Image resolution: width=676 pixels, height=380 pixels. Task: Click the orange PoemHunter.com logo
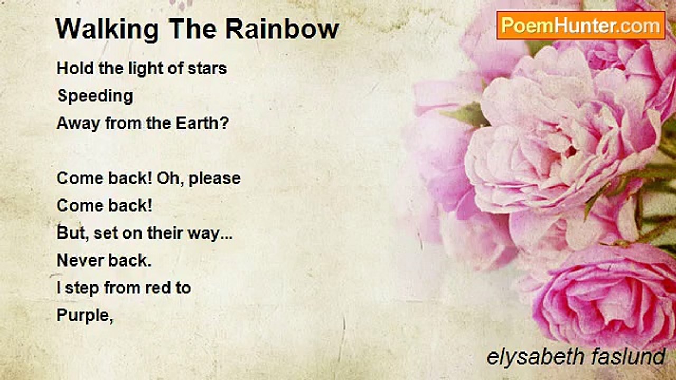click(x=581, y=25)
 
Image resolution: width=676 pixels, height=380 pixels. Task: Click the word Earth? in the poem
click(x=202, y=123)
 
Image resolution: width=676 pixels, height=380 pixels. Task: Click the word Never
click(x=80, y=260)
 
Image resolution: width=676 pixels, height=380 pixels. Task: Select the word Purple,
click(x=85, y=316)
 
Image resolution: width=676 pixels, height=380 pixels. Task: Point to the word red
click(x=154, y=288)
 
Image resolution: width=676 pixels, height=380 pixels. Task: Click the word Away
click(x=78, y=124)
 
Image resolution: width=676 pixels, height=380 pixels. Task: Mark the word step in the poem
click(x=82, y=289)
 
